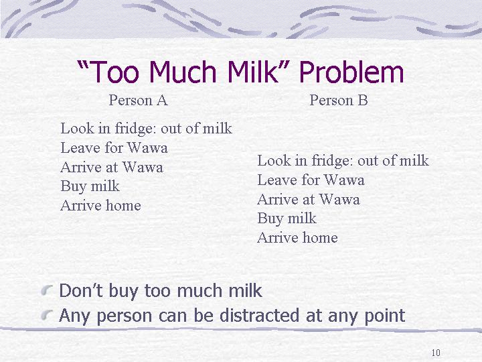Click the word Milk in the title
256,71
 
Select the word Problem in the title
351,71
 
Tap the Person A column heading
139,101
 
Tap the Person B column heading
339,101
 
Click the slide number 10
436,353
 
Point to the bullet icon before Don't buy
46,290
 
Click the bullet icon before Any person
46,314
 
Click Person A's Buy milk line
90,186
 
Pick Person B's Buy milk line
287,219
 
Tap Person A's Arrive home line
101,206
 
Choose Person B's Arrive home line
297,237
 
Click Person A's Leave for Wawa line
114,147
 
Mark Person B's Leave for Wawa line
311,180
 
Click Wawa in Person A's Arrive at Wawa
143,168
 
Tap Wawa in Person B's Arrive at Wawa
339,200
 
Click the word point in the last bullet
384,316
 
